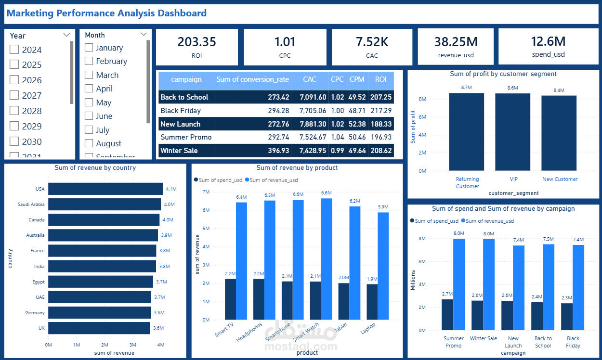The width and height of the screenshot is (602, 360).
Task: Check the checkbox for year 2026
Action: click(x=14, y=80)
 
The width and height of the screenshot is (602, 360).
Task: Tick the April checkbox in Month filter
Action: click(x=89, y=89)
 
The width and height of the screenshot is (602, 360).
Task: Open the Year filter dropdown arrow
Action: click(x=66, y=35)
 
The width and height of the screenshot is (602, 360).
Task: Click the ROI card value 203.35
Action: click(x=196, y=42)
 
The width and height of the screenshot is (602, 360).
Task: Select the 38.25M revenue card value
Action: click(x=456, y=42)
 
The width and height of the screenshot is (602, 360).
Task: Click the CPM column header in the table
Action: click(x=357, y=79)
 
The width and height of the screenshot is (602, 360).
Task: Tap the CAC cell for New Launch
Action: click(x=313, y=124)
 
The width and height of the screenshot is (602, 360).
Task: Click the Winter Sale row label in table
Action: click(x=179, y=151)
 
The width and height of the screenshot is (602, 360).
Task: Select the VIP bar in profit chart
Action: click(x=513, y=132)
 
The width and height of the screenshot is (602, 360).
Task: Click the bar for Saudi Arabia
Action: click(x=105, y=204)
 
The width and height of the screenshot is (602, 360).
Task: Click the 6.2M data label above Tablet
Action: click(x=354, y=201)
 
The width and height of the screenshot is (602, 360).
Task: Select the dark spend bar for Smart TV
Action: click(x=230, y=299)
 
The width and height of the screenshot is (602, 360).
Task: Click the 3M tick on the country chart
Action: click(x=132, y=345)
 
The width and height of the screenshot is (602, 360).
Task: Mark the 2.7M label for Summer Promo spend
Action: click(x=447, y=294)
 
